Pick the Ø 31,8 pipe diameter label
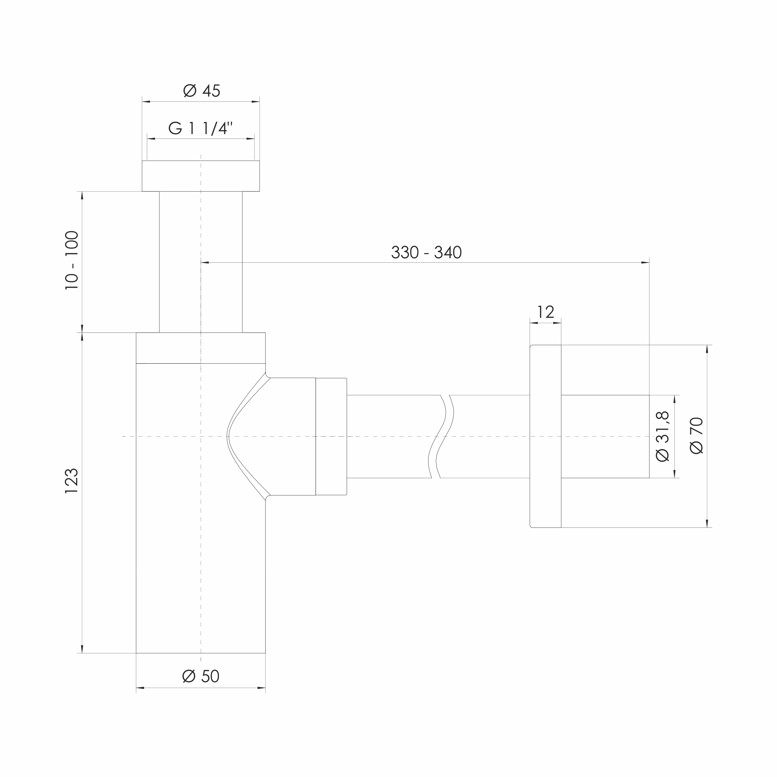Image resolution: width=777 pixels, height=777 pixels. pyautogui.click(x=662, y=436)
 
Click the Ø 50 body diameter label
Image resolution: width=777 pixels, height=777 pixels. pyautogui.click(x=201, y=676)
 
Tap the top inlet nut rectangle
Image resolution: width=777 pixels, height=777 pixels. pyautogui.click(x=201, y=176)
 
